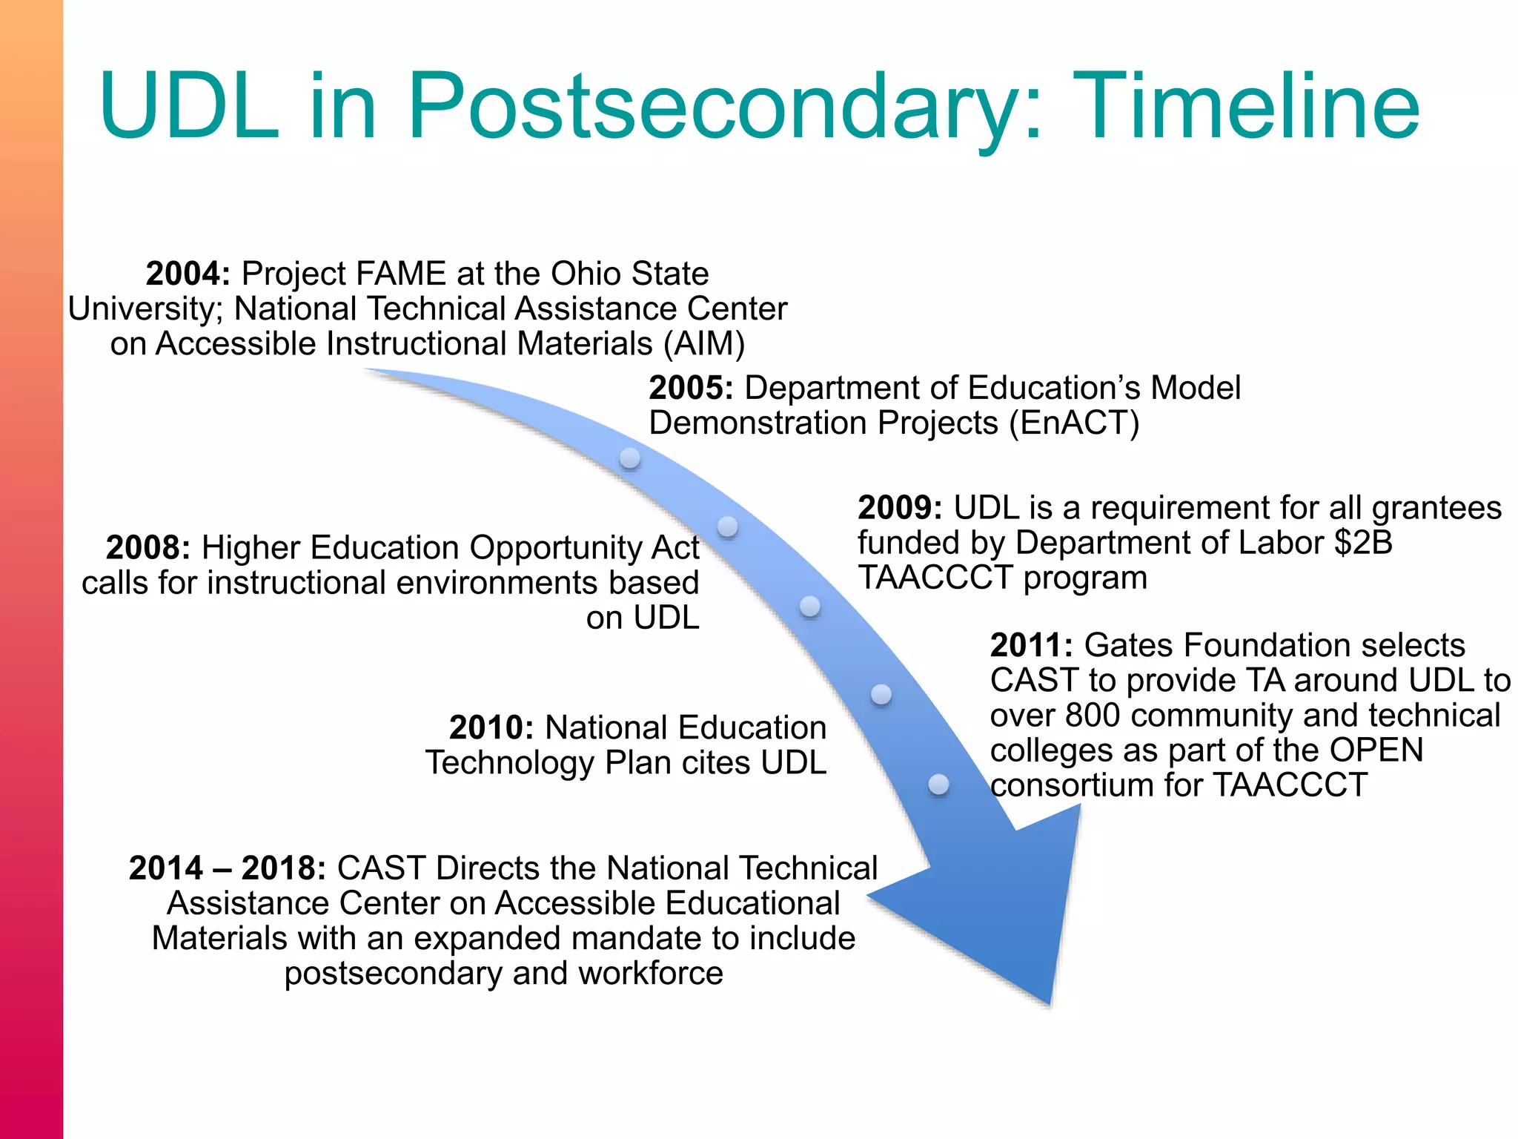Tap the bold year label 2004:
(x=188, y=274)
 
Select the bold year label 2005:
(x=691, y=388)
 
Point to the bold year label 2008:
(x=148, y=548)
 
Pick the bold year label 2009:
(x=900, y=508)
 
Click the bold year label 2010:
(x=491, y=727)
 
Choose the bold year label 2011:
(x=1031, y=645)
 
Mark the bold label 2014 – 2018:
(x=227, y=868)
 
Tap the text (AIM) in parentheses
(x=704, y=344)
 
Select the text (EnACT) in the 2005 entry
(x=1074, y=423)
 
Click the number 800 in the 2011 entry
(x=1093, y=716)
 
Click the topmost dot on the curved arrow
(x=629, y=458)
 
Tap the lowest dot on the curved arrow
(x=938, y=784)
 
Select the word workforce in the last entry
(x=650, y=974)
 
